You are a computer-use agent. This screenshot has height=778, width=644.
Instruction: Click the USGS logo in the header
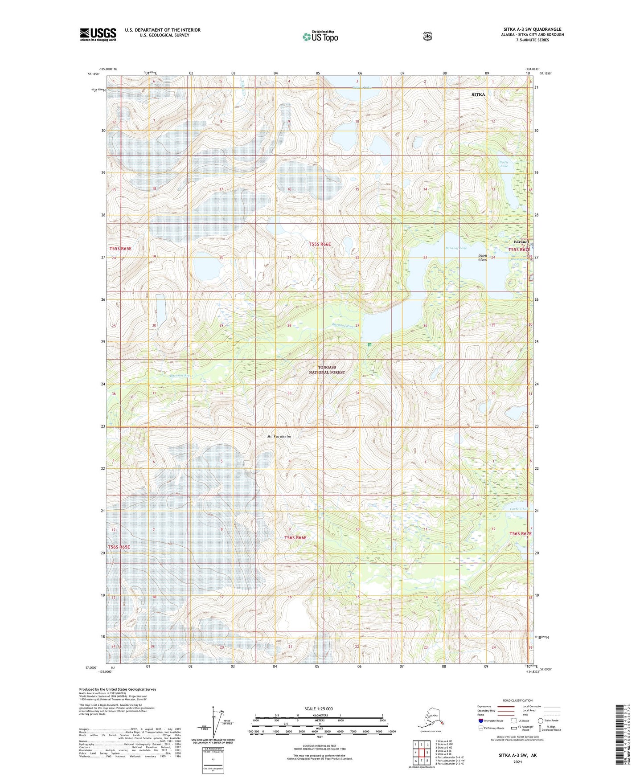(x=98, y=34)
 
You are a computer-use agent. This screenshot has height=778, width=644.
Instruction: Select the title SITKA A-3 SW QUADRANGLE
(x=532, y=29)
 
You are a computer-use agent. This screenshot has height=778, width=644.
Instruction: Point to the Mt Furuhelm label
(x=279, y=437)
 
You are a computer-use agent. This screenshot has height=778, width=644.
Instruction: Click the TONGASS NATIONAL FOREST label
(x=327, y=370)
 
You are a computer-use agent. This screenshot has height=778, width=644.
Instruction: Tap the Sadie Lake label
(x=504, y=164)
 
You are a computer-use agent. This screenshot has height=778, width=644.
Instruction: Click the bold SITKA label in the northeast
(x=478, y=94)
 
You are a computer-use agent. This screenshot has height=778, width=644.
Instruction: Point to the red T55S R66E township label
(x=320, y=244)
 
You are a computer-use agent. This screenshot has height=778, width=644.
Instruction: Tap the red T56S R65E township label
(x=119, y=547)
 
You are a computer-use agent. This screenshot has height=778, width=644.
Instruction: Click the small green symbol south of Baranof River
(x=369, y=344)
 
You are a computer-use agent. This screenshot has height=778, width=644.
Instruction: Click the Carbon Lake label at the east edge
(x=519, y=509)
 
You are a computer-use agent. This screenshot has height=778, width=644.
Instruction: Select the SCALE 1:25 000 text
(x=318, y=708)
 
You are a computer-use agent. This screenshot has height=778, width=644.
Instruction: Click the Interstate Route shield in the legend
(x=480, y=721)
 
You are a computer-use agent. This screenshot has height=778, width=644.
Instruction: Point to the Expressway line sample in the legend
(x=505, y=706)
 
